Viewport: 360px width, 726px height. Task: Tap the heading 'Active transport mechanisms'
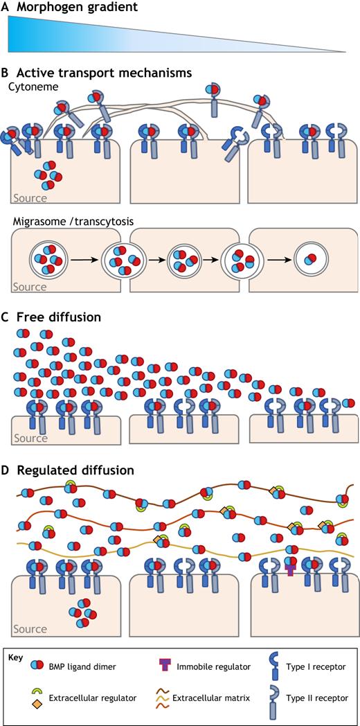pos(105,73)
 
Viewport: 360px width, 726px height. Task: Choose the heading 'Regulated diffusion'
pos(75,471)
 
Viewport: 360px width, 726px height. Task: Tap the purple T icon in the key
pos(166,667)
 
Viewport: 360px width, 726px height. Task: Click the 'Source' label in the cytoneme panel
pos(30,199)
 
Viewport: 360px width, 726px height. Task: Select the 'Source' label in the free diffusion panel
pos(30,438)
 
